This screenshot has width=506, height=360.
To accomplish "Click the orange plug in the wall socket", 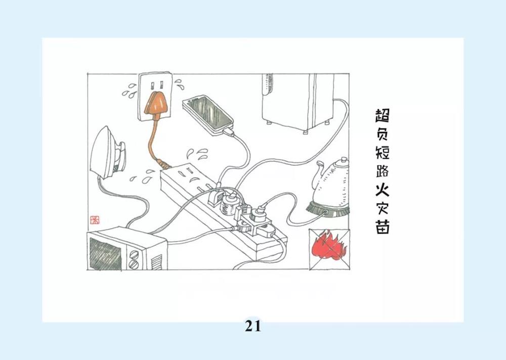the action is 155,103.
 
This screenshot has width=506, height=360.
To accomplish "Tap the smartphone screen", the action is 209,113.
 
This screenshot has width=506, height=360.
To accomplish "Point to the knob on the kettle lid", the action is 344,160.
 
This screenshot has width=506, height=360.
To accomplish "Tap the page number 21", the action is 252,326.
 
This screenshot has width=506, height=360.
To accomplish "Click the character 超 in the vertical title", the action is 383,115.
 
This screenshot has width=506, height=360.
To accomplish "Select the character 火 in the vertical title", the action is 383,190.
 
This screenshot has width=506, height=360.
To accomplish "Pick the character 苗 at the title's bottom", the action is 383,227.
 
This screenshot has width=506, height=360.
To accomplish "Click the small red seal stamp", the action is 95,220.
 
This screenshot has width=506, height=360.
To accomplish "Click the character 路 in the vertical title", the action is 383,170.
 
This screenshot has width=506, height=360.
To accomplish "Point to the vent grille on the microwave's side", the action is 157,261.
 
